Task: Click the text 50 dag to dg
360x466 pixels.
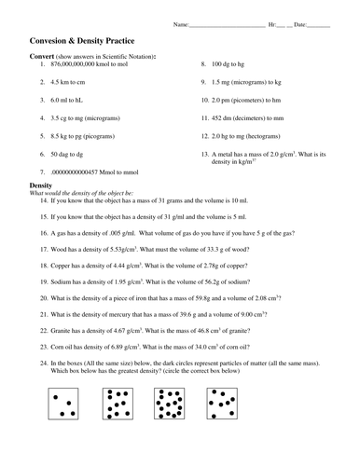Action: pyautogui.click(x=74, y=154)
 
